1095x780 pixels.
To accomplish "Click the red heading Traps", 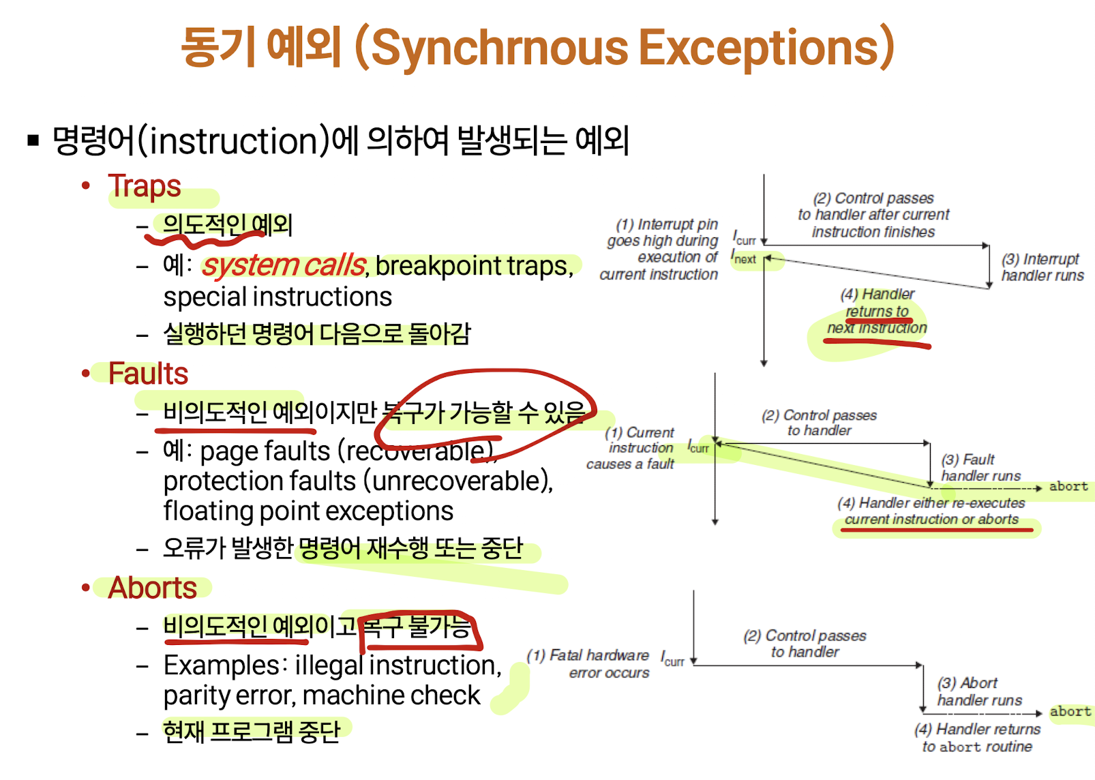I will click(145, 186).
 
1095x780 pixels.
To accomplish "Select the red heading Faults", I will click(148, 374).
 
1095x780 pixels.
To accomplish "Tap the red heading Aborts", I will click(153, 588).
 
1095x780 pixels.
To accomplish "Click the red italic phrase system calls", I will click(284, 265).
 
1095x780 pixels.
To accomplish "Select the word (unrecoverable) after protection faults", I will click(458, 481).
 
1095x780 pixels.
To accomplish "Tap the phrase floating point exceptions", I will click(308, 511).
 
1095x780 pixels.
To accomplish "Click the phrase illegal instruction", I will click(398, 665).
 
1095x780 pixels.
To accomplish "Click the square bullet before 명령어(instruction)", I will click(33, 141).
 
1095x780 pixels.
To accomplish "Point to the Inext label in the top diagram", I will click(744, 258).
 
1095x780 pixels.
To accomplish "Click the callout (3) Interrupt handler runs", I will click(1041, 267).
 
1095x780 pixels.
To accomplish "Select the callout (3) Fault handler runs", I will click(980, 467).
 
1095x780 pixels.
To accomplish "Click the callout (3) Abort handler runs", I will click(979, 691).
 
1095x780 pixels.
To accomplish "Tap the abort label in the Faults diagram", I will click(1068, 486).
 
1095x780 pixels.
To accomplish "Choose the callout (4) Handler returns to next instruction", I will click(877, 311).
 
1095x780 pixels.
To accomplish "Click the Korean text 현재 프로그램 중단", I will click(252, 732).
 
